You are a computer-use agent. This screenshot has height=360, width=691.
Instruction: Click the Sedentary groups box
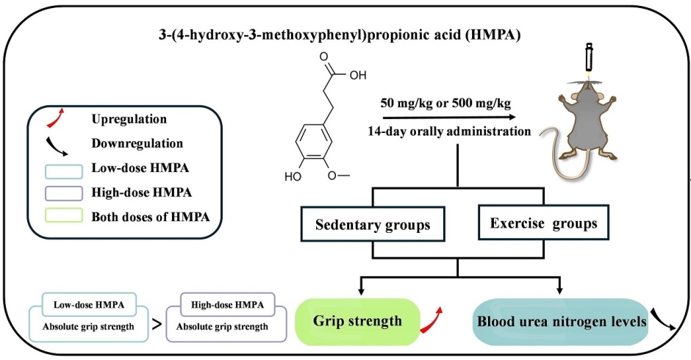[373, 225]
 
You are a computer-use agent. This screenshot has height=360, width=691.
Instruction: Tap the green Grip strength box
[357, 322]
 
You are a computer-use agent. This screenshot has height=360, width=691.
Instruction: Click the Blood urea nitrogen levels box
[562, 322]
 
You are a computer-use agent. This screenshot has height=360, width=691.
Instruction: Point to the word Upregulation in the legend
[129, 118]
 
